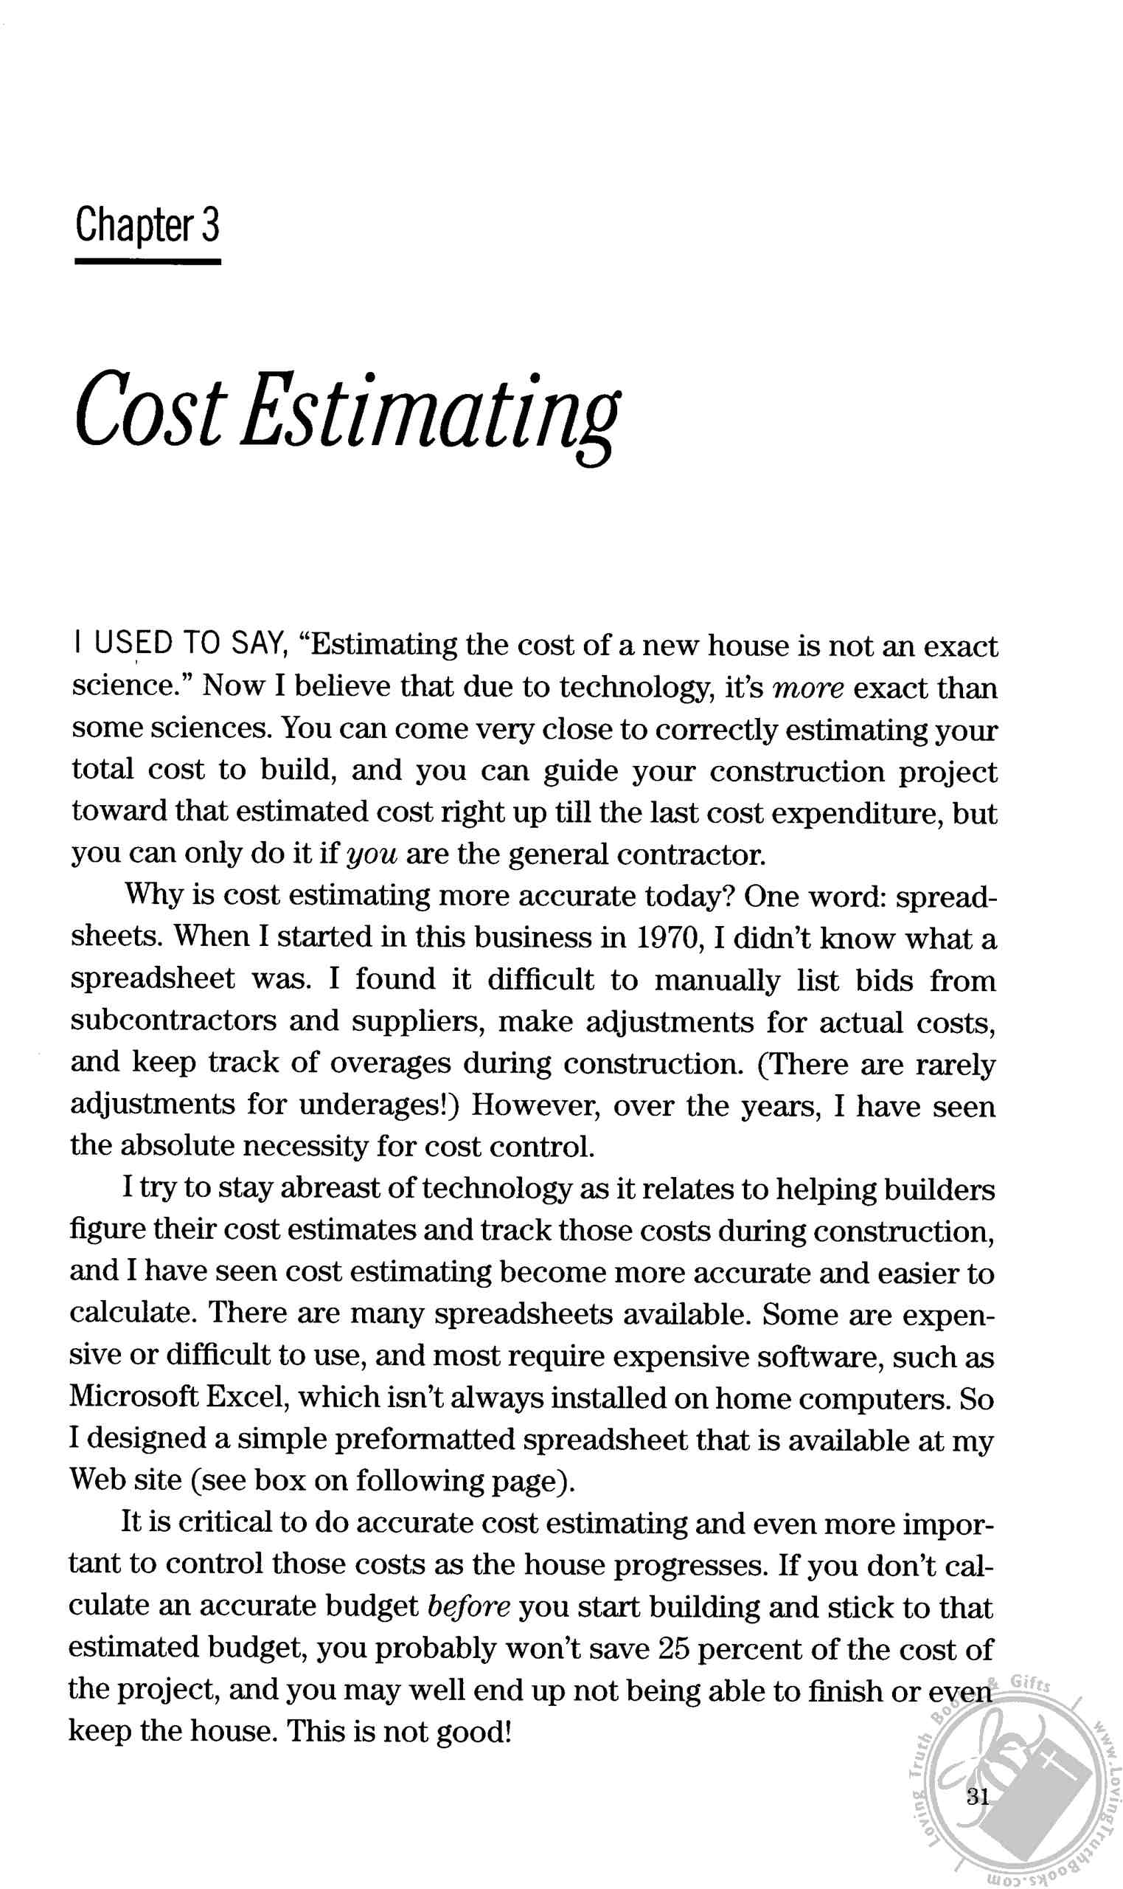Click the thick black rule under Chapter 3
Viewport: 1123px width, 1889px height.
(x=147, y=262)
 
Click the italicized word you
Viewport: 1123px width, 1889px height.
(x=372, y=854)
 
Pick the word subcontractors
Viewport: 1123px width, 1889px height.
(x=174, y=1021)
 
